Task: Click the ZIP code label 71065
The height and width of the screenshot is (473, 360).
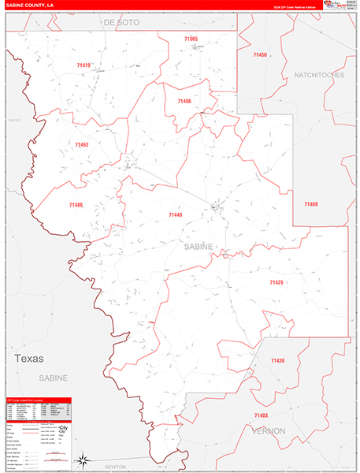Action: click(x=192, y=39)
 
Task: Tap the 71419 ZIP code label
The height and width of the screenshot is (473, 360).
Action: click(x=84, y=65)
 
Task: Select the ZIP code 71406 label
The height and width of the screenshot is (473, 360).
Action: click(x=184, y=101)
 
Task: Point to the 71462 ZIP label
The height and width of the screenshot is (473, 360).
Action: click(x=82, y=145)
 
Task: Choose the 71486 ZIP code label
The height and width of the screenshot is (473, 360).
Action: click(x=76, y=205)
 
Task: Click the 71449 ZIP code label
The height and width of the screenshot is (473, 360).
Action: click(x=175, y=214)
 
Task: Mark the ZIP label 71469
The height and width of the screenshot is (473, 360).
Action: click(x=311, y=204)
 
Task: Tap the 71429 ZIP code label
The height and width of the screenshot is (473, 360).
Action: click(x=276, y=282)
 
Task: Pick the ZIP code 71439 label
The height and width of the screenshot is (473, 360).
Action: click(x=277, y=360)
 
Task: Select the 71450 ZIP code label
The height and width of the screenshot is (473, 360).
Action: click(x=261, y=55)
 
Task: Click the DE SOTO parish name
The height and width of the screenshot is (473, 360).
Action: click(x=121, y=24)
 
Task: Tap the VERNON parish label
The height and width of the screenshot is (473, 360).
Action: click(x=269, y=431)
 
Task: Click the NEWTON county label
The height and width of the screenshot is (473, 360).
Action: click(x=116, y=467)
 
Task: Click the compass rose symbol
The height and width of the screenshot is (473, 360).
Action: click(x=81, y=458)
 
